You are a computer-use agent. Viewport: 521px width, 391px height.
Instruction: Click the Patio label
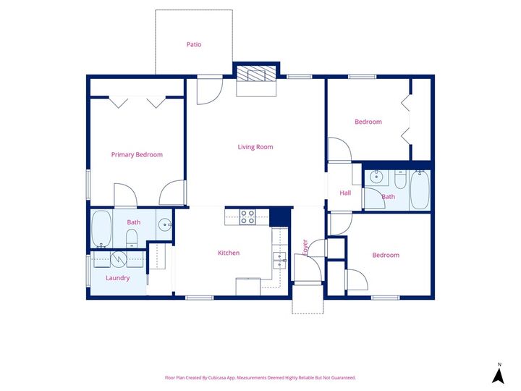tap(193, 45)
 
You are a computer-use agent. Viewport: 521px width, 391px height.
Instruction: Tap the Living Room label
tap(255, 147)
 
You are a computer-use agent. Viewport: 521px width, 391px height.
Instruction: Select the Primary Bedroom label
tap(137, 154)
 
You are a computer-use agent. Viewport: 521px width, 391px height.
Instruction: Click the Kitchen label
tap(229, 253)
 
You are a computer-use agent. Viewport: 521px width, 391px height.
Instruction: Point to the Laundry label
tap(117, 277)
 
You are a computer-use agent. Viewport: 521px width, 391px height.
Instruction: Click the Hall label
tap(345, 193)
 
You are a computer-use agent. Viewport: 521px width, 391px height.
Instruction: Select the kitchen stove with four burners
tap(247, 216)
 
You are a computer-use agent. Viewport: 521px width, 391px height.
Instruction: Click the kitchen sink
tap(279, 260)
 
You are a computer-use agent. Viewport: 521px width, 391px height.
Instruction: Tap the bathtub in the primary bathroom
tap(101, 228)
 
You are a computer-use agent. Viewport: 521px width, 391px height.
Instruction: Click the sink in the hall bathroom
tap(376, 176)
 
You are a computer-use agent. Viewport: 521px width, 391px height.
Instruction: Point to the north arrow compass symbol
tap(498, 374)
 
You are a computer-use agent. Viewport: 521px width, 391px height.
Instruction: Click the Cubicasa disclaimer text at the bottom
tap(260, 377)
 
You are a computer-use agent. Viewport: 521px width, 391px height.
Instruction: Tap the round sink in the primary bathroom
tap(165, 224)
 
